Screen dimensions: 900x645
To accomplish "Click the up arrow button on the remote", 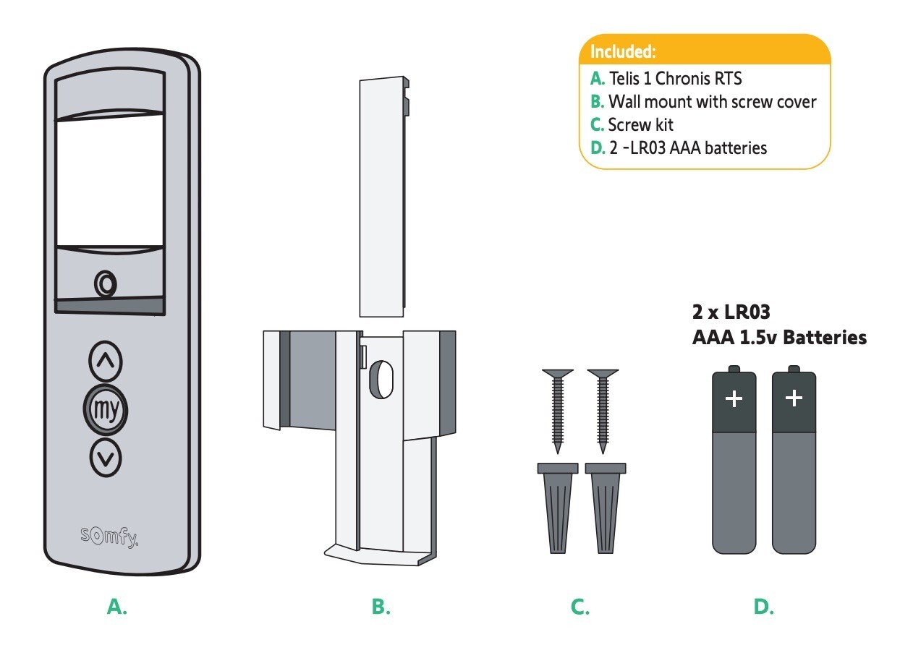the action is click(x=106, y=361).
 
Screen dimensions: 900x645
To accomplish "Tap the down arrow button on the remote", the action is click(x=106, y=458).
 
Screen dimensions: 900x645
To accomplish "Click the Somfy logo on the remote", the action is click(x=109, y=537).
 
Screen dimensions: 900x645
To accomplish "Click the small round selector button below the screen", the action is click(x=106, y=284).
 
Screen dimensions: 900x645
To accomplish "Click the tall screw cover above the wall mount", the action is click(x=384, y=197).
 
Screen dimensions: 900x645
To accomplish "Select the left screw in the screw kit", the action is click(x=558, y=411).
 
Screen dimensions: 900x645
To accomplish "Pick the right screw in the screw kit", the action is click(x=603, y=411).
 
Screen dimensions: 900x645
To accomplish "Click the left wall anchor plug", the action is click(x=558, y=508).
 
